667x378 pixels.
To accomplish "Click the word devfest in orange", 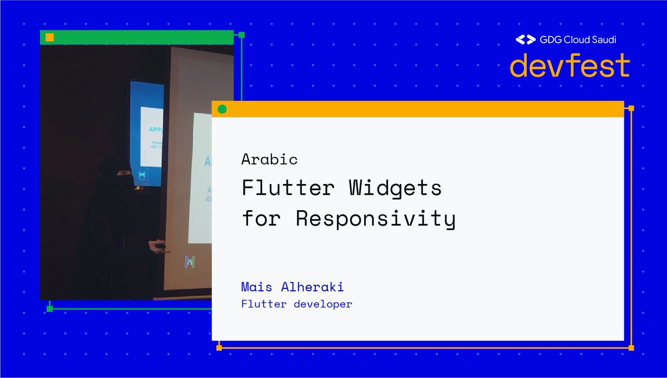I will (570, 65).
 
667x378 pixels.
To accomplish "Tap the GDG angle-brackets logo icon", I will (525, 39).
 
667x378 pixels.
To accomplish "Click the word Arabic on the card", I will (270, 160).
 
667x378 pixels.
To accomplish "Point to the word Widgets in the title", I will (395, 188).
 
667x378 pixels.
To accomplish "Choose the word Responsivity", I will (375, 218).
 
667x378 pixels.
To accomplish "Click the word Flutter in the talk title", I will (287, 188).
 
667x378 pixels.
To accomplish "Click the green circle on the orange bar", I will (222, 109).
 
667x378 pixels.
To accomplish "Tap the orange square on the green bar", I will (49, 37).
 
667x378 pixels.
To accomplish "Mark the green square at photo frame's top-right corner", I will (241, 35).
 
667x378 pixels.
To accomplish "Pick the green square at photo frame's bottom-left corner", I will (49, 309).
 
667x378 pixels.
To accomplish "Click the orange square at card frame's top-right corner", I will (631, 108).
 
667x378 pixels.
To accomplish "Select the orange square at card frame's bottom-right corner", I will (631, 348).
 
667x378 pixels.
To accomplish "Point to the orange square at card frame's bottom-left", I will (219, 348).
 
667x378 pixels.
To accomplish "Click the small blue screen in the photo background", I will (146, 133).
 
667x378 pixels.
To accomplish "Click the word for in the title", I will (260, 218).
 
